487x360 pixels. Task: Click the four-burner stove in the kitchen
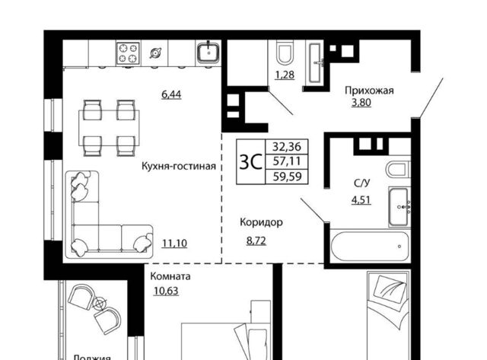[129, 53]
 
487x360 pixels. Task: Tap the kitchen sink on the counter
[208, 52]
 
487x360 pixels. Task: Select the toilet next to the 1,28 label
[286, 54]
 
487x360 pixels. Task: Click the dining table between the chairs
[109, 128]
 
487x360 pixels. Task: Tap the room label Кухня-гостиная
[179, 166]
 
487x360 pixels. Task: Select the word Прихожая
[369, 91]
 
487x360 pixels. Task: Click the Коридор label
[262, 222]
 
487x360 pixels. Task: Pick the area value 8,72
[256, 241]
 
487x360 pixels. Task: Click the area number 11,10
[174, 244]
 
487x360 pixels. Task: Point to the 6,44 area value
[171, 94]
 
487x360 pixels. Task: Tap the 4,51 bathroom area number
[361, 199]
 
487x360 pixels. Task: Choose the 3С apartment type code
[250, 162]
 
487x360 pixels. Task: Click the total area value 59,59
[288, 177]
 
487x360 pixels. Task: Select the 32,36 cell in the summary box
[287, 146]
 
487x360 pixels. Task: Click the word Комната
[170, 276]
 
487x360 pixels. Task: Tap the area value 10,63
[166, 291]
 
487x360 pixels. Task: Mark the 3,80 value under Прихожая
[361, 102]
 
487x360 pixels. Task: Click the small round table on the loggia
[100, 303]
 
